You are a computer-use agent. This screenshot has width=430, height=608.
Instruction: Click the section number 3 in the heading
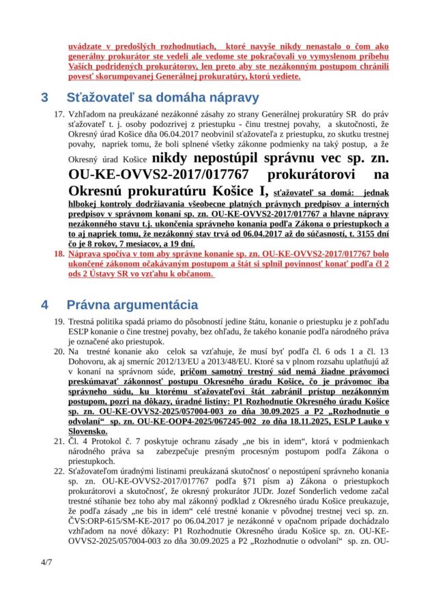44,97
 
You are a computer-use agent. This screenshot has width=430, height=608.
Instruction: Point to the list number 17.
59,113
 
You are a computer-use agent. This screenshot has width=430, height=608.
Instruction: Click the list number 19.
59,321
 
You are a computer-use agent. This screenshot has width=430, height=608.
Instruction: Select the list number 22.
59,471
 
